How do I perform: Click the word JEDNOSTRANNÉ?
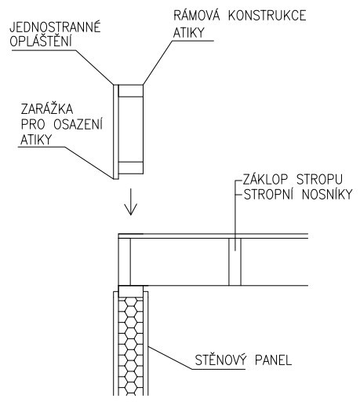tap(55, 27)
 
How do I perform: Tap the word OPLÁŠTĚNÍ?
tap(41, 41)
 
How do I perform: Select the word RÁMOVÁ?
tap(197, 15)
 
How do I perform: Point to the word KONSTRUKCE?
tap(267, 16)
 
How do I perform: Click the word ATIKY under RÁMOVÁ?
tap(188, 33)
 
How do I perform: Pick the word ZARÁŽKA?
tap(47, 109)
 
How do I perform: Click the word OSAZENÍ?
tap(78, 124)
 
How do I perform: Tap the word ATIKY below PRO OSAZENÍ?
tap(36, 139)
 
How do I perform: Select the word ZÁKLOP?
tap(265, 179)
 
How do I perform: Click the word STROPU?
tap(319, 179)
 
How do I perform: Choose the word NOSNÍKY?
tap(327, 194)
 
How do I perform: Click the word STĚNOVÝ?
tap(220, 360)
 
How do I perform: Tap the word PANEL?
tap(273, 360)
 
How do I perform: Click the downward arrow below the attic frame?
tap(130, 201)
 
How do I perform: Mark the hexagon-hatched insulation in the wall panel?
tap(131, 346)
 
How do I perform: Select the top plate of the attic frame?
tap(131, 91)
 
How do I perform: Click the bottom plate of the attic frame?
tap(131, 168)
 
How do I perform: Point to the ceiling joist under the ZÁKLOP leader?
tap(235, 261)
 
